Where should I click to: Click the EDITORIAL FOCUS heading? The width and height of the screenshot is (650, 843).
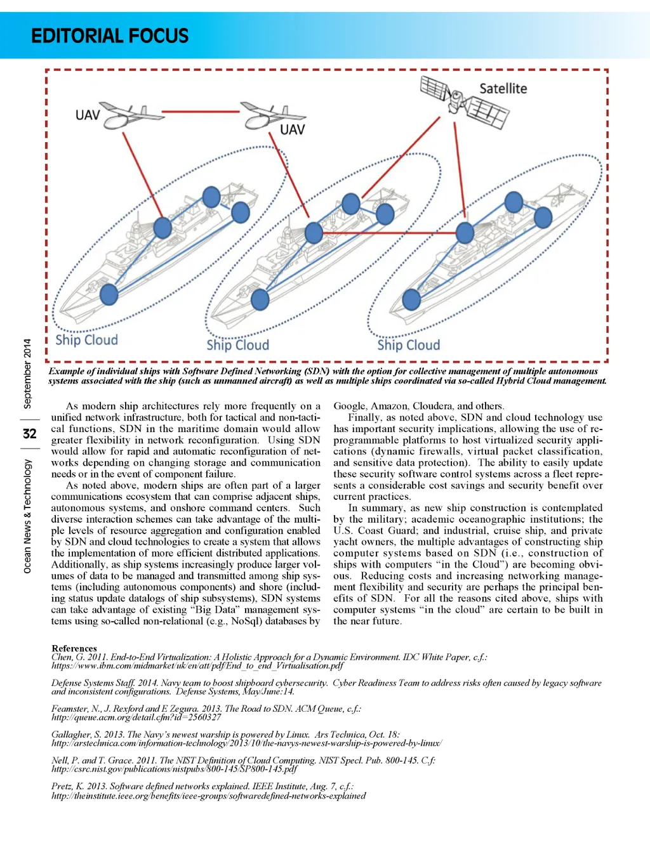coord(110,36)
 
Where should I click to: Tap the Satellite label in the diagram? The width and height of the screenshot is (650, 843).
coord(503,89)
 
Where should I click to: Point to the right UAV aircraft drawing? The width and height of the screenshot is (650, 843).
coord(272,115)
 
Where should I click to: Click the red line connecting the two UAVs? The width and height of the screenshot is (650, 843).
coord(202,112)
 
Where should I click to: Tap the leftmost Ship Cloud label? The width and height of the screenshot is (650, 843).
coord(86,340)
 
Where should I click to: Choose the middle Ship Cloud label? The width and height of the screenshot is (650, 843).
coord(237,345)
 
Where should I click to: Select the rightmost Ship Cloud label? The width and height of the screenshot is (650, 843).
coord(408,345)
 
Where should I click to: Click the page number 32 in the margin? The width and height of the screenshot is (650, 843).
coord(29,434)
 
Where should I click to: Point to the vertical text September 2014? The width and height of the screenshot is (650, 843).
coord(27,374)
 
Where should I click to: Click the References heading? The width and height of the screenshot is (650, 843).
coord(74,648)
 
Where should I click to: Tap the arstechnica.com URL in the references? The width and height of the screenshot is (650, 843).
coord(246,743)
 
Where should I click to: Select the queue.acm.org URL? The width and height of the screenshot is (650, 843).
coord(136,717)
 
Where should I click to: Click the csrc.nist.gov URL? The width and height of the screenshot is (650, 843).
coord(174,769)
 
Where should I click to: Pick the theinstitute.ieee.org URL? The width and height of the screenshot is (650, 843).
coord(208,795)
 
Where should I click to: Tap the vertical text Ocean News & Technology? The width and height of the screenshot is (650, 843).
coord(27,516)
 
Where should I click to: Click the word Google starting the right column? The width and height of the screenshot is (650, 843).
coord(349,406)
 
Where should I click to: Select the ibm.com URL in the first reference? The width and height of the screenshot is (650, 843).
coord(197,665)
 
